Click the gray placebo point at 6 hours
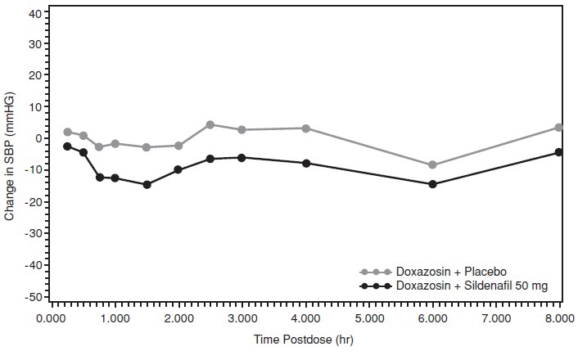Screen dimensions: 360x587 (x=432, y=165)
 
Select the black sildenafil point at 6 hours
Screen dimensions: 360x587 (x=432, y=184)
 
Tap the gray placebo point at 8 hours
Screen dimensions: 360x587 (x=559, y=128)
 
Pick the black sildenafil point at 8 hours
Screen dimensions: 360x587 (x=559, y=152)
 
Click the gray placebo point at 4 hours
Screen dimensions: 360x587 (x=306, y=128)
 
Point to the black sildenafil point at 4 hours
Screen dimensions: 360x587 (x=306, y=164)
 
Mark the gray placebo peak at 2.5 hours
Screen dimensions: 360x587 (x=210, y=124)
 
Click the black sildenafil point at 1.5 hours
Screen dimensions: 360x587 (x=147, y=185)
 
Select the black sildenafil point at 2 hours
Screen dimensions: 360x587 (x=178, y=170)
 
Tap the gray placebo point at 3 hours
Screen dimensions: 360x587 (x=242, y=130)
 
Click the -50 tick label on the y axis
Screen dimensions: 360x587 (x=33, y=297)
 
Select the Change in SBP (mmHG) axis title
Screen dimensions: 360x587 (x=11, y=155)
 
